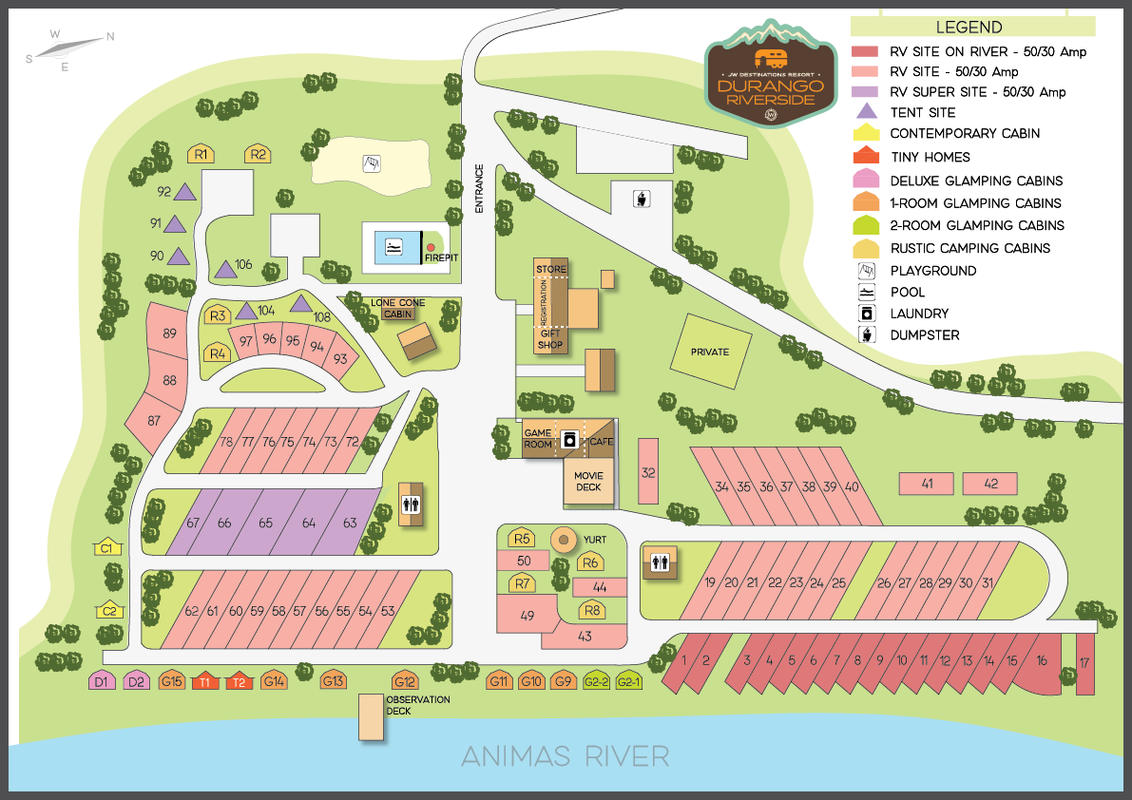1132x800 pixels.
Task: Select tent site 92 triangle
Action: (x=185, y=192)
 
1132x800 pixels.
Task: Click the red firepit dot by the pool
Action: (x=431, y=248)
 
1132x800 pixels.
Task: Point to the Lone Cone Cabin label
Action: (x=397, y=308)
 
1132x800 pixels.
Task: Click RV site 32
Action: (x=648, y=471)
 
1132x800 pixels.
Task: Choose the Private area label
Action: (x=709, y=352)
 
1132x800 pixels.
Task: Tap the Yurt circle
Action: (x=564, y=540)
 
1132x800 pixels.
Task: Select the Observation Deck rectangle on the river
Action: (x=371, y=717)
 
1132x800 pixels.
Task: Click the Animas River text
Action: (x=566, y=756)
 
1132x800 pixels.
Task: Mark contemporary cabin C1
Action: (x=107, y=547)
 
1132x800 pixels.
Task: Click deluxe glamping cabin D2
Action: (x=137, y=681)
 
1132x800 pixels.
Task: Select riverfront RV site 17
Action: (x=1084, y=664)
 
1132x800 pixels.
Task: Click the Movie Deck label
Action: (x=589, y=482)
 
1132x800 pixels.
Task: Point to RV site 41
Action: (x=927, y=484)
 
